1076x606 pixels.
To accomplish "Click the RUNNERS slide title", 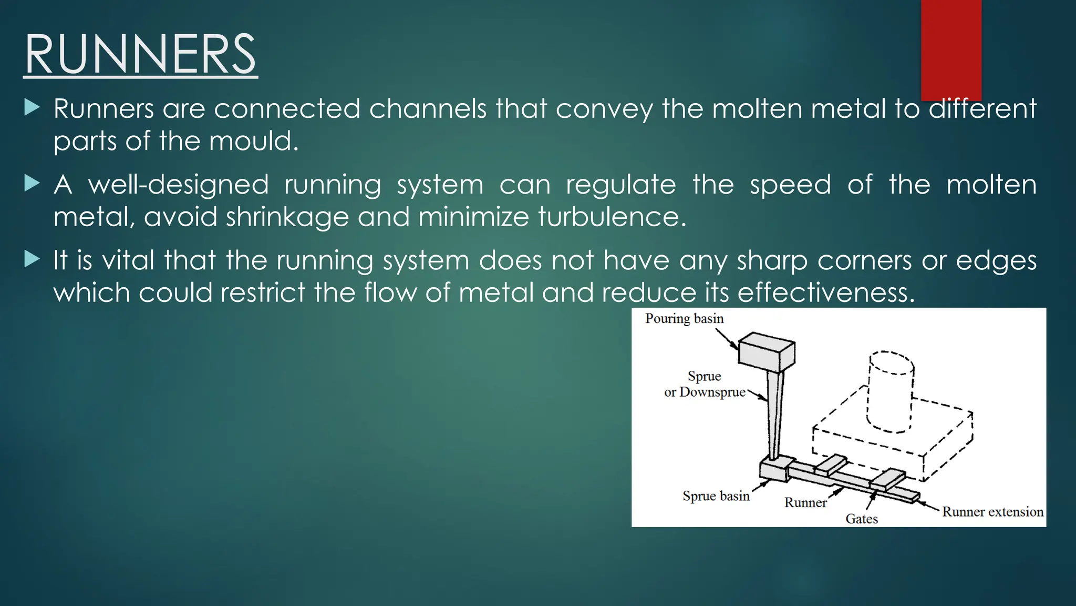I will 140,55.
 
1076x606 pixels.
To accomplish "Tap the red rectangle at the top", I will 951,50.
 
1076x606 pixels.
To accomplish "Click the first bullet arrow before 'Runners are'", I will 32,108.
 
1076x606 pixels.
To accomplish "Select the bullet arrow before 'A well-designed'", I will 32,184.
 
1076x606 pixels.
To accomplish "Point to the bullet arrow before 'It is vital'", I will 32,259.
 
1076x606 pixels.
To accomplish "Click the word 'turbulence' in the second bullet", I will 612,217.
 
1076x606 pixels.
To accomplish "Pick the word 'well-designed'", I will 178,185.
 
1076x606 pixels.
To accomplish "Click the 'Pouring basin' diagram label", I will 684,319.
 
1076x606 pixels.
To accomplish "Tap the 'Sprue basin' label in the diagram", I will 716,496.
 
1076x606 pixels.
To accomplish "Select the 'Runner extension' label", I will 992,512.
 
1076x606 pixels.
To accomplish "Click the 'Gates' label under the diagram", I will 861,519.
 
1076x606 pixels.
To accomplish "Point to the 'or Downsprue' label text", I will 705,392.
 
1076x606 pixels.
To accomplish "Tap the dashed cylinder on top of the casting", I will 891,392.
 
